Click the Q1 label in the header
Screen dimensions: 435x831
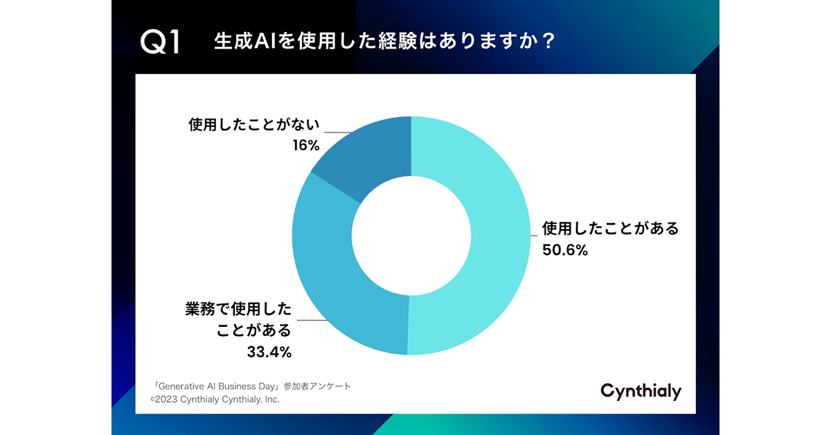[160, 42]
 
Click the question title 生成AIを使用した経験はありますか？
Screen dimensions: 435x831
[384, 42]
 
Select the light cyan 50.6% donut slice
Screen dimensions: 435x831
[478, 236]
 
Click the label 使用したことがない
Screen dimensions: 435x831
[253, 126]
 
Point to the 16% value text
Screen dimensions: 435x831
[305, 145]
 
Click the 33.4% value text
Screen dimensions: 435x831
[269, 352]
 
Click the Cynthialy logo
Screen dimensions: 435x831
[641, 391]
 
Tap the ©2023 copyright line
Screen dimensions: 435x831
[215, 400]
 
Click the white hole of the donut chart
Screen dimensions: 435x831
[411, 236]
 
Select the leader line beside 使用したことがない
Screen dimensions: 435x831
[339, 132]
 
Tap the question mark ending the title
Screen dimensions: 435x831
[546, 42]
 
